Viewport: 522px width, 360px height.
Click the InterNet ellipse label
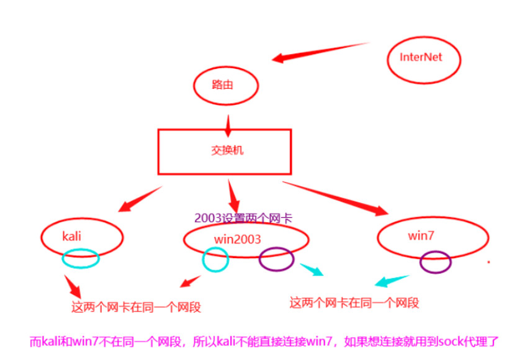point(421,57)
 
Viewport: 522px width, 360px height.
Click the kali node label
point(73,236)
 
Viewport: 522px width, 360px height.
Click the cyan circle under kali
point(81,258)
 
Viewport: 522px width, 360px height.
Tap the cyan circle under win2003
point(215,259)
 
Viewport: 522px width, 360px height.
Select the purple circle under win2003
point(276,259)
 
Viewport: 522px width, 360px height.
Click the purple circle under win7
point(435,262)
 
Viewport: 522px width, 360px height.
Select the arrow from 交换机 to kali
point(139,198)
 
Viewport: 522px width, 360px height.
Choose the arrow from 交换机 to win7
point(335,198)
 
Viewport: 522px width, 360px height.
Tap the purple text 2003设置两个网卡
point(243,218)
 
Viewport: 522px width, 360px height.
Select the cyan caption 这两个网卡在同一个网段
point(354,303)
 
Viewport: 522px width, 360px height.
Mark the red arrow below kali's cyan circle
point(73,287)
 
